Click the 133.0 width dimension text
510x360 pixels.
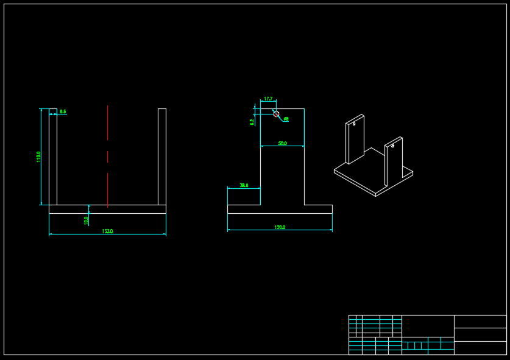[x=107, y=231]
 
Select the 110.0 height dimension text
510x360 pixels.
[x=39, y=157]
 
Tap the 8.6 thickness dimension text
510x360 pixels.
[x=63, y=111]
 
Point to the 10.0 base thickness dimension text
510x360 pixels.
[x=86, y=220]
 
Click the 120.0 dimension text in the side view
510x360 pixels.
[x=280, y=227]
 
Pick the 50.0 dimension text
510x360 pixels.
[x=282, y=143]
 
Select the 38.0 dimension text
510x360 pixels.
[x=244, y=185]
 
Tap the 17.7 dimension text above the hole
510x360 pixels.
[x=267, y=99]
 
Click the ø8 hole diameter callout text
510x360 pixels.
[x=286, y=119]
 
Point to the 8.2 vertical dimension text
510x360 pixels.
[x=252, y=122]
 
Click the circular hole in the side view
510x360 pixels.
[x=276, y=114]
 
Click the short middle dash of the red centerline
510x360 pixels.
[x=108, y=157]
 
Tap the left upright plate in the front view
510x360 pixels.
[x=53, y=157]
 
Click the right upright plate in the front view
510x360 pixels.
[x=162, y=157]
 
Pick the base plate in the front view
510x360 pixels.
[x=107, y=209]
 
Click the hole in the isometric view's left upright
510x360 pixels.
[x=354, y=124]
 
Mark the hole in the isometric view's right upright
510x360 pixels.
[x=392, y=146]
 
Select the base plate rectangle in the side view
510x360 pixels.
[x=280, y=209]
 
